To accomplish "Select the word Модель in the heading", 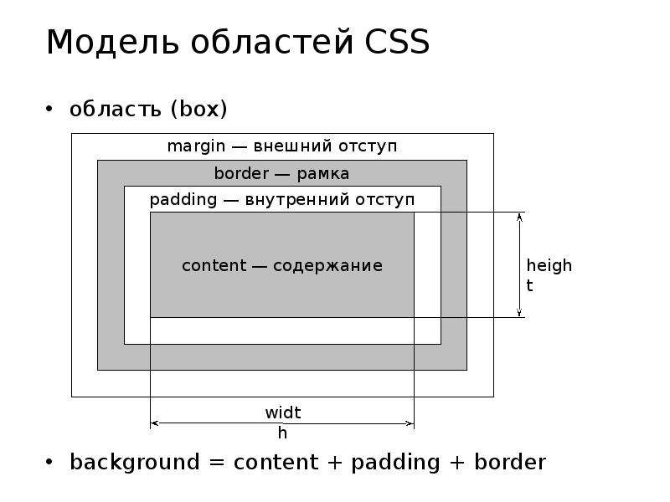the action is click(x=112, y=43).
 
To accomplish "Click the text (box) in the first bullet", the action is click(x=198, y=109).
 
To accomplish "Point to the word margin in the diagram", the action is click(x=196, y=146).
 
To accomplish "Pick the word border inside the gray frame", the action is click(x=242, y=173).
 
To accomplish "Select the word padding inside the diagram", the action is click(x=183, y=200).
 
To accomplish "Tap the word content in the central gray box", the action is click(x=214, y=265).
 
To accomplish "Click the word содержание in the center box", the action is click(x=327, y=266).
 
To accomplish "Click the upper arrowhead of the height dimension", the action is click(x=519, y=217).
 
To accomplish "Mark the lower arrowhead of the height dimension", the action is click(x=519, y=312).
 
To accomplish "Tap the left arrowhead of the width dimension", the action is click(x=155, y=423).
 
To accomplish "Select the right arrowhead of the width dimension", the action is click(x=410, y=423).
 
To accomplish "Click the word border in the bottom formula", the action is click(x=510, y=462).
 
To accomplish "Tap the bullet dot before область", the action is click(x=49, y=109).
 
